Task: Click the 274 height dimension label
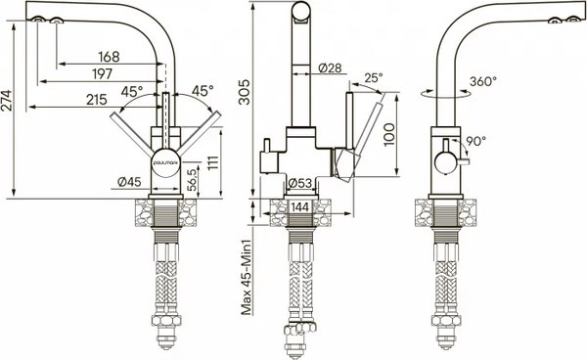(9, 107)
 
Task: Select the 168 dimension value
(110, 57)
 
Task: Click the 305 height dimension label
(245, 98)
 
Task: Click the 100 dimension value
(390, 133)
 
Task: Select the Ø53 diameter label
(302, 182)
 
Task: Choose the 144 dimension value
(302, 207)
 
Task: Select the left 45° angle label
(134, 91)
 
